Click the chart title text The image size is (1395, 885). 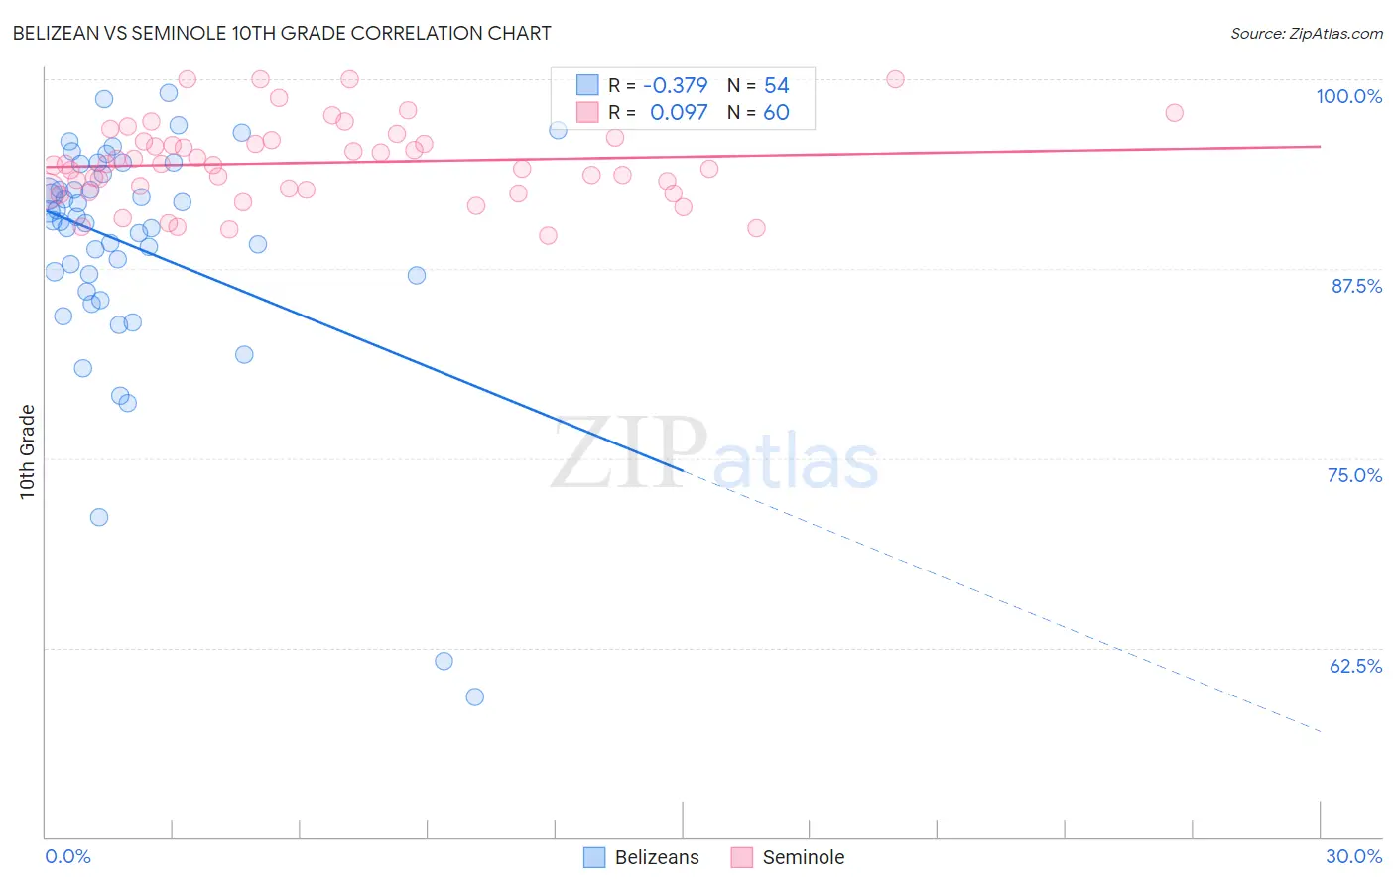point(282,33)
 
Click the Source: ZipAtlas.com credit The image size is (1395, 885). point(1306,33)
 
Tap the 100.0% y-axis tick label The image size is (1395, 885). point(1348,96)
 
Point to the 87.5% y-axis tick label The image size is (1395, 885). point(1355,286)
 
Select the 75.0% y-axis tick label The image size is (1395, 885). point(1354,475)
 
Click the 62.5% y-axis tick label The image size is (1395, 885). point(1355,666)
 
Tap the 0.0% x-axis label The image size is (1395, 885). point(67,856)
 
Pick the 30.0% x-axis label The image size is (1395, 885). point(1353,856)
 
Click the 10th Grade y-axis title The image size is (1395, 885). point(28,451)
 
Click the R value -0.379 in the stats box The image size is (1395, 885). point(675,86)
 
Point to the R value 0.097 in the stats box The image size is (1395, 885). point(679,113)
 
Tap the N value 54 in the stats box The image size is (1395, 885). point(776,86)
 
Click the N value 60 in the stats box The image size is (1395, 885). point(776,113)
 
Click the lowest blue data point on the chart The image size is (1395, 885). point(475,697)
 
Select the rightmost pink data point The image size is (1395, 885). point(1174,113)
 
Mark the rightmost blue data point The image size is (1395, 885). point(558,130)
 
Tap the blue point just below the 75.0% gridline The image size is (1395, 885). point(99,517)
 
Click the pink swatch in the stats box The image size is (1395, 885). point(587,112)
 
